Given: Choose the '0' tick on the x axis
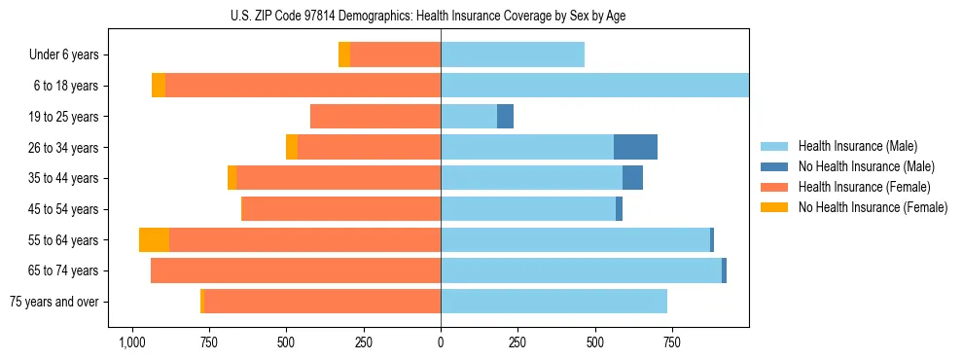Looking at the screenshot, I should tap(441, 342).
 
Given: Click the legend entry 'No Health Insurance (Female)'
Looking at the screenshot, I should tap(873, 207).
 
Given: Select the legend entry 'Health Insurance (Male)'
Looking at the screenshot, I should tap(858, 146).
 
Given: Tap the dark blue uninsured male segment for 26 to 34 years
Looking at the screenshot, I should tap(635, 147).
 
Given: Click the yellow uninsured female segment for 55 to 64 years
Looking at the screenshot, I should tap(154, 240).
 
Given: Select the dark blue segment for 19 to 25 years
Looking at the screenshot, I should tap(505, 117).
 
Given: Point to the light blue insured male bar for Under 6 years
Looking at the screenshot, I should tap(513, 55).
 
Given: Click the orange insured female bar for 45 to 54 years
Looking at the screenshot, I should tap(340, 209).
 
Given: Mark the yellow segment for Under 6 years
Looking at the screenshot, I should tap(344, 55).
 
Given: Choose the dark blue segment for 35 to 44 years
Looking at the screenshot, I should tap(632, 178).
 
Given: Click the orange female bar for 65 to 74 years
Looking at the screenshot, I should tap(296, 270).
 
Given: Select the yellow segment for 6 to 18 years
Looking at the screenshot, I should tap(159, 86).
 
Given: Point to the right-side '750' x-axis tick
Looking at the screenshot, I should tap(671, 342).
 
